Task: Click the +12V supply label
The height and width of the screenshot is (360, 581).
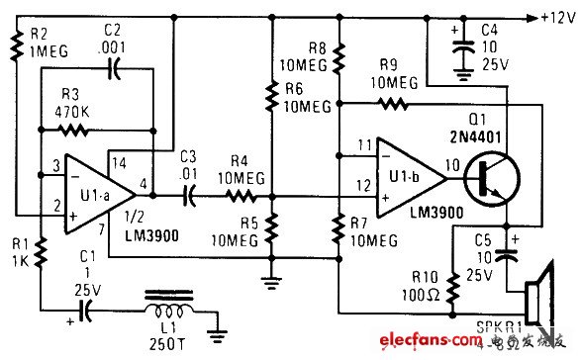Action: [553, 18]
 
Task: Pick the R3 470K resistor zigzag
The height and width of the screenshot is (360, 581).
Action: [74, 129]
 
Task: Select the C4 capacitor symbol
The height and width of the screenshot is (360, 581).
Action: [459, 45]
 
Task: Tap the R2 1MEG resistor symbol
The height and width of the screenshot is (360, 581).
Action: [16, 42]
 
